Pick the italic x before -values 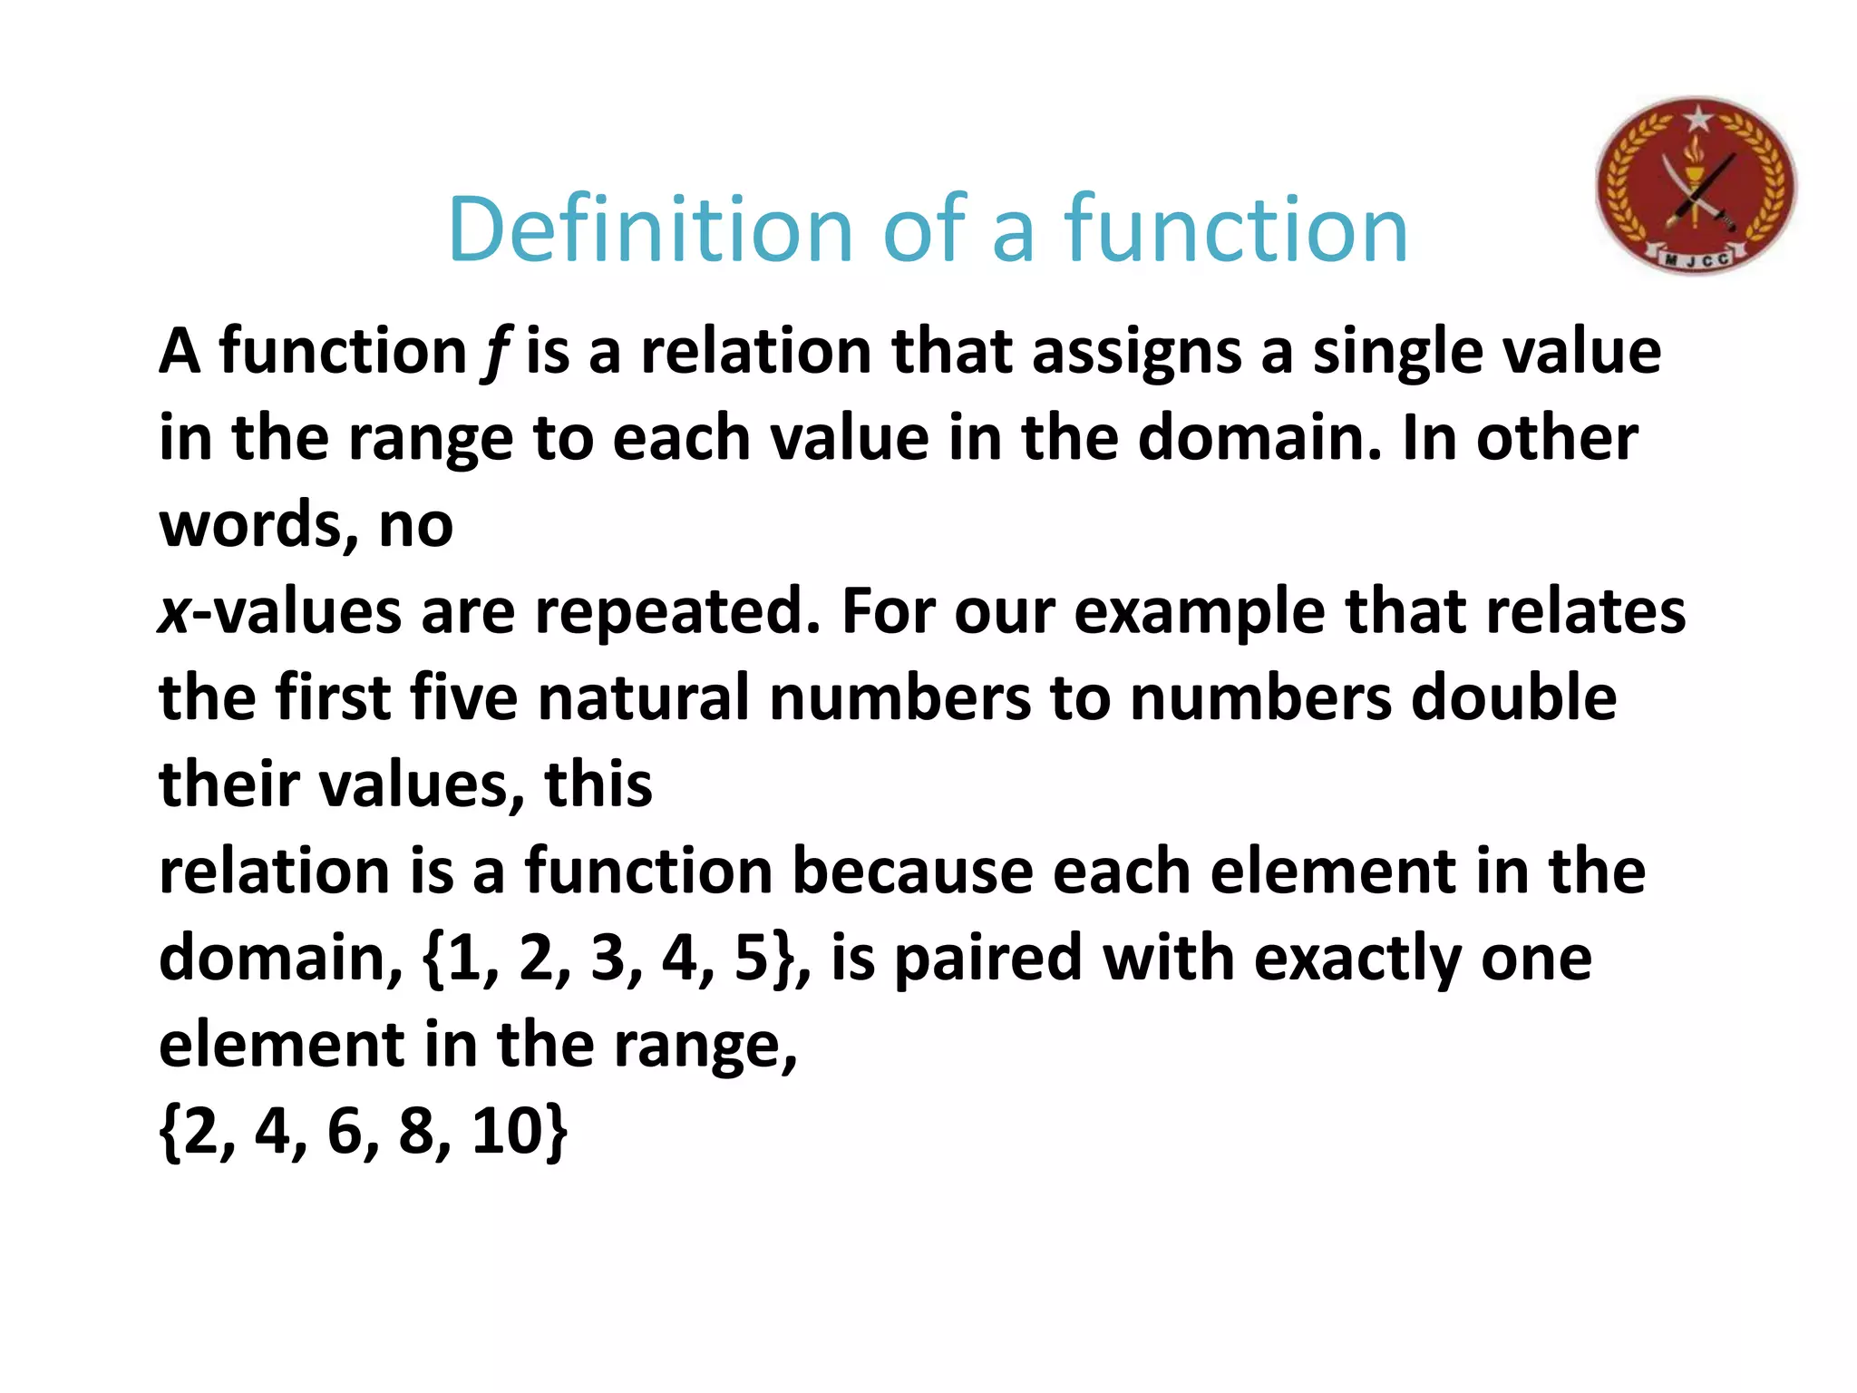[x=174, y=612]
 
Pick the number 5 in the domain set [x=751, y=959]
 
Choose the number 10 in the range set [x=508, y=1132]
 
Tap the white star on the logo [x=1697, y=118]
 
